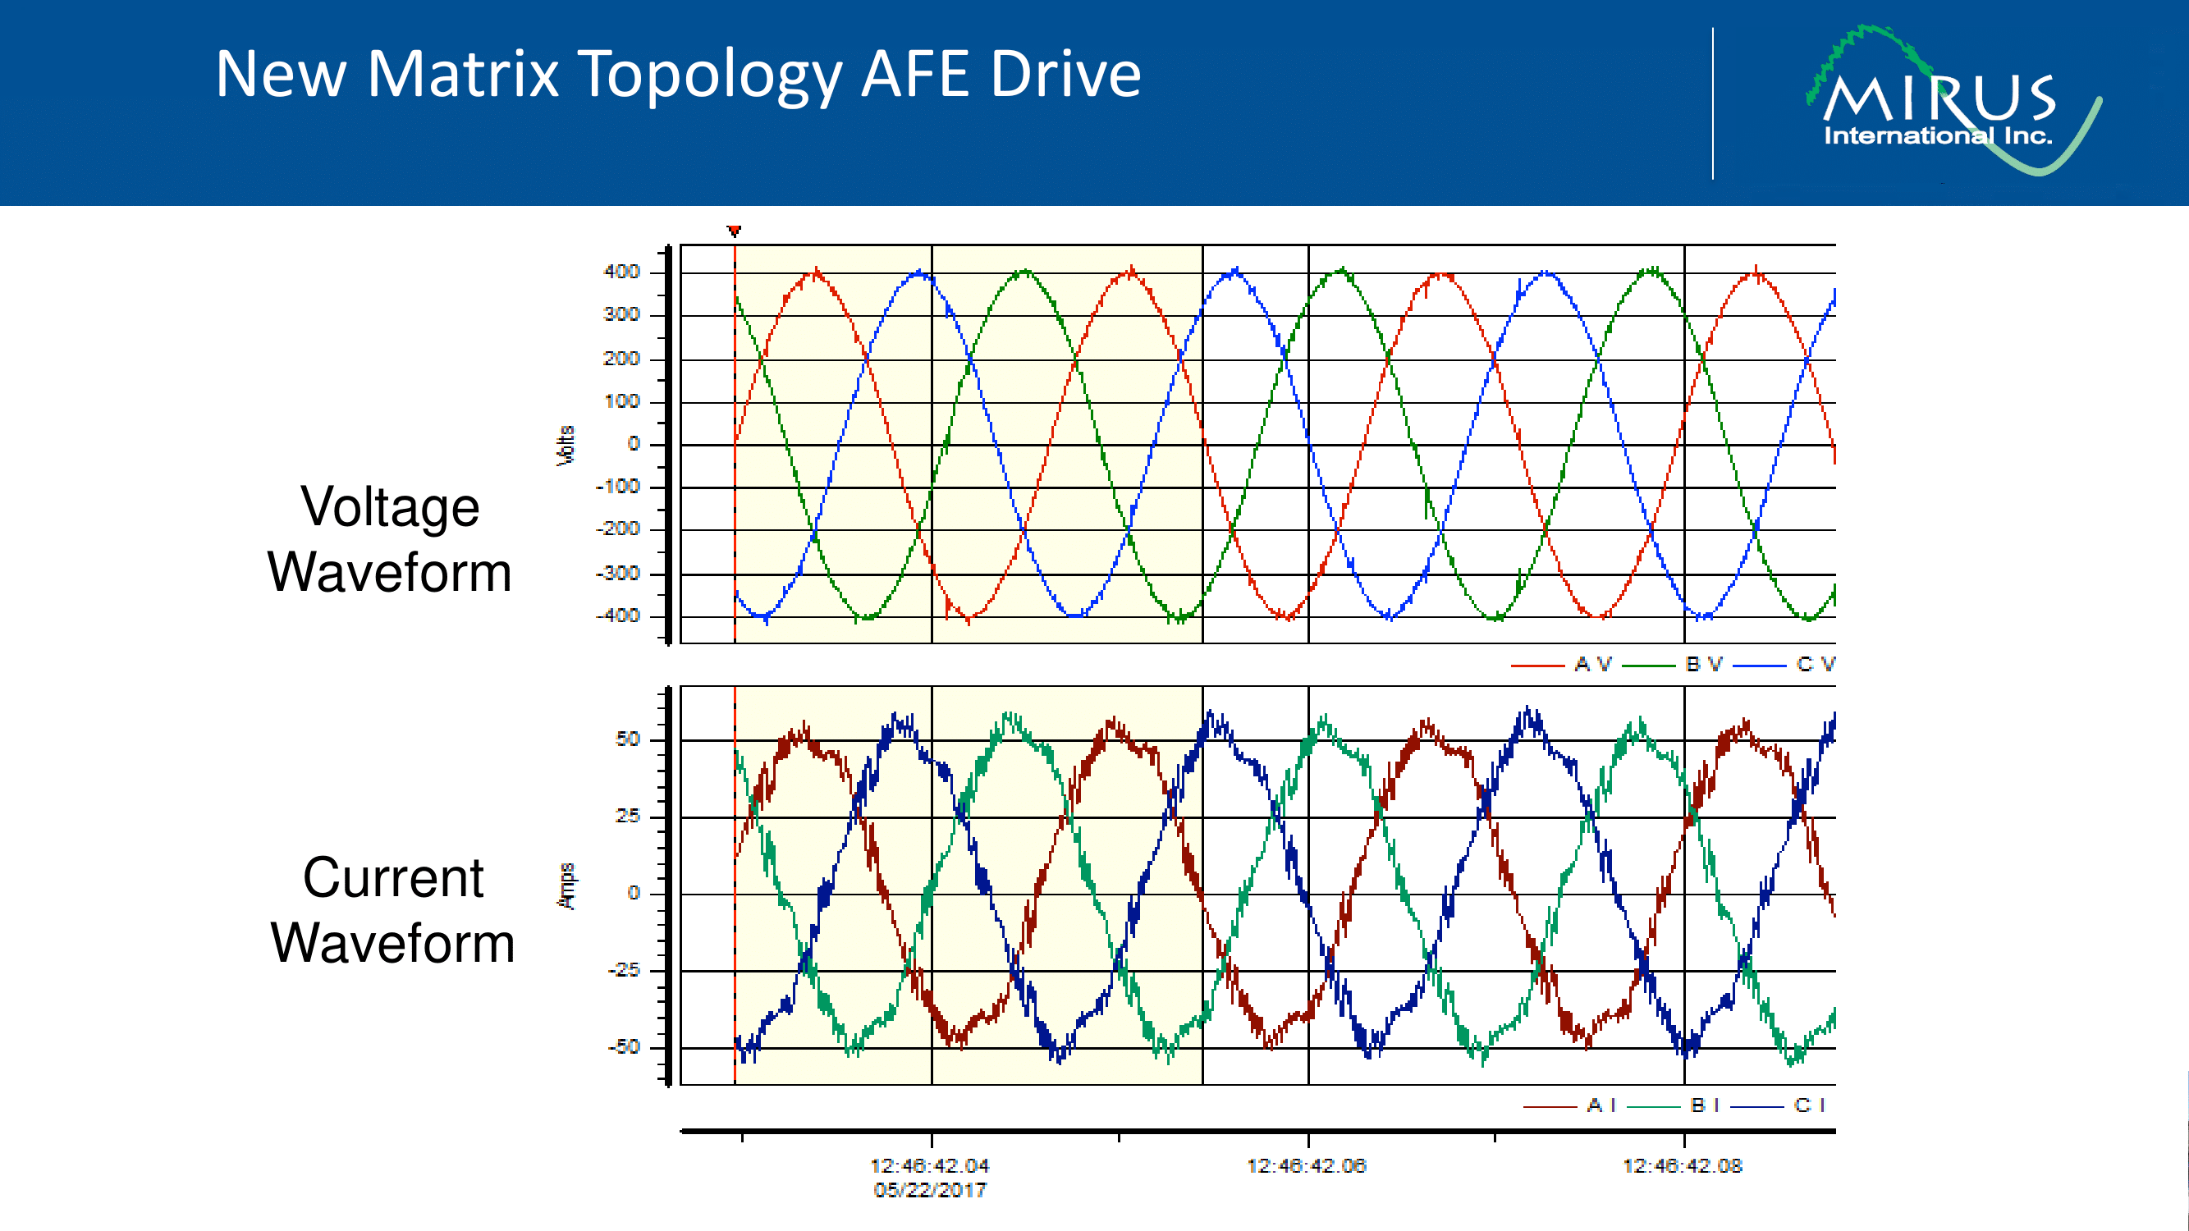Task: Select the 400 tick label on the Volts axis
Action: [621, 272]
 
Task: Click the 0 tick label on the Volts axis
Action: [633, 443]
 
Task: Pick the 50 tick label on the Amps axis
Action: [627, 739]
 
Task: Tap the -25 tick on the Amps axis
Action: [624, 969]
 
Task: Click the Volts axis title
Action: [565, 445]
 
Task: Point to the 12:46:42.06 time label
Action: [1306, 1165]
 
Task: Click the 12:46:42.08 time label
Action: [1683, 1165]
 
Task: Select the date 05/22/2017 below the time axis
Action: [930, 1190]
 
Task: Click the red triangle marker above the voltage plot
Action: [735, 231]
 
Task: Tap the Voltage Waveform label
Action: [390, 538]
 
